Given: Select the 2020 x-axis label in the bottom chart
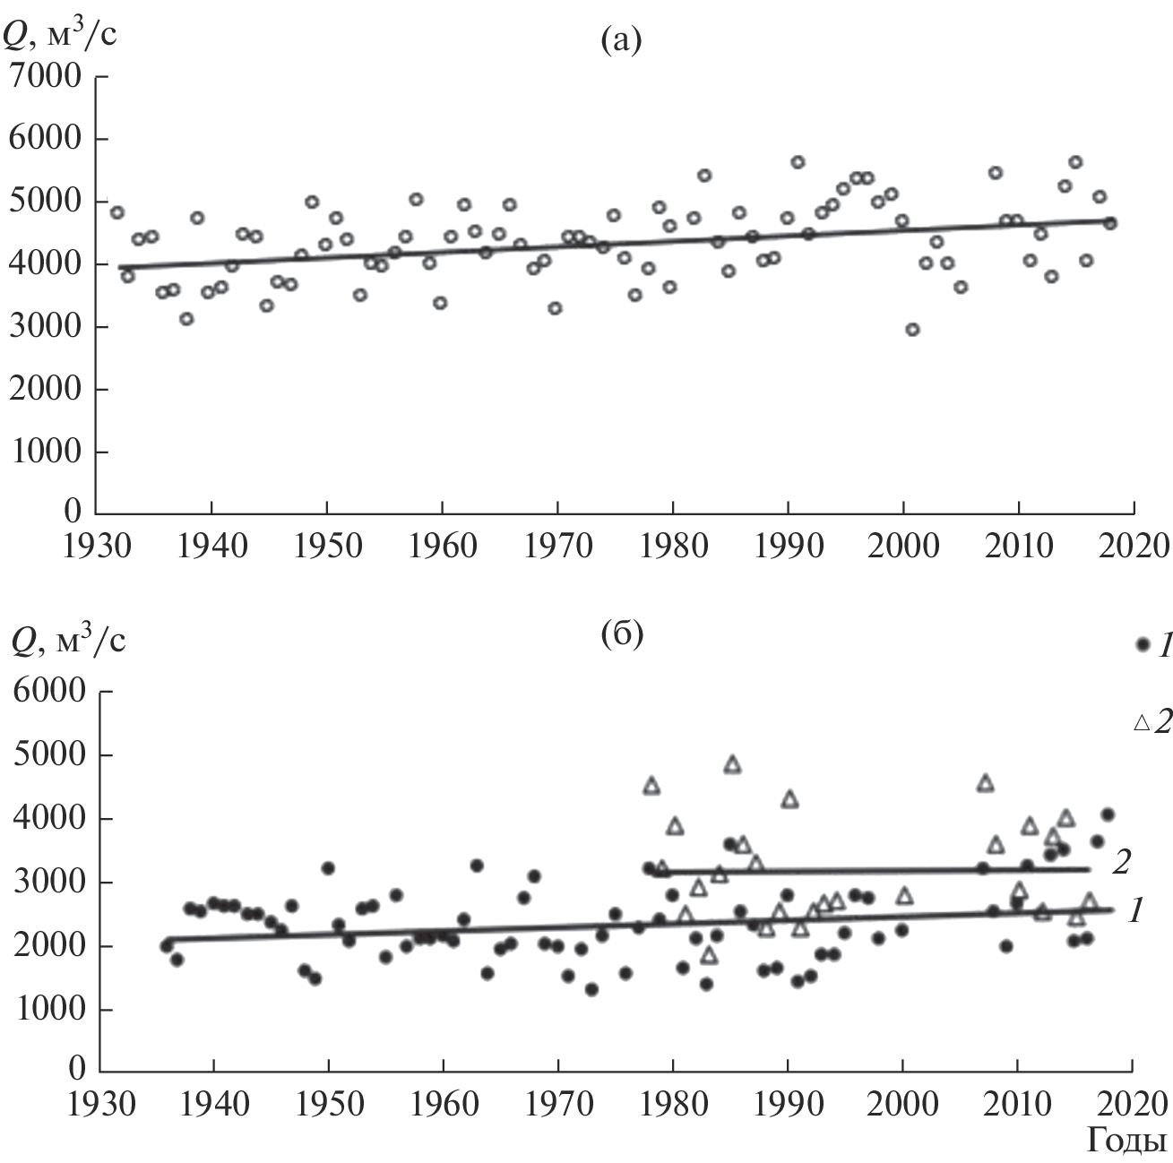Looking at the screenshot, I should tap(1133, 1102).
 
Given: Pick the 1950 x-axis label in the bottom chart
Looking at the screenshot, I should tap(328, 1102).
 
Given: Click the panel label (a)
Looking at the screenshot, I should tap(621, 40).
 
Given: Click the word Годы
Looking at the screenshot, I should tap(1126, 1141).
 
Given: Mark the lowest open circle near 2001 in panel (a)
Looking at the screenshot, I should tap(912, 330).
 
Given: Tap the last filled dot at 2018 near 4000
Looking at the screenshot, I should tap(1108, 814).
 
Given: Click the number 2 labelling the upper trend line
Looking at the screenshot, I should tap(1120, 862).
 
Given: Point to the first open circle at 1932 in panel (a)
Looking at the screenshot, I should tap(116, 212).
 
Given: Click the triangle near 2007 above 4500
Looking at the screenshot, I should tap(985, 783).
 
